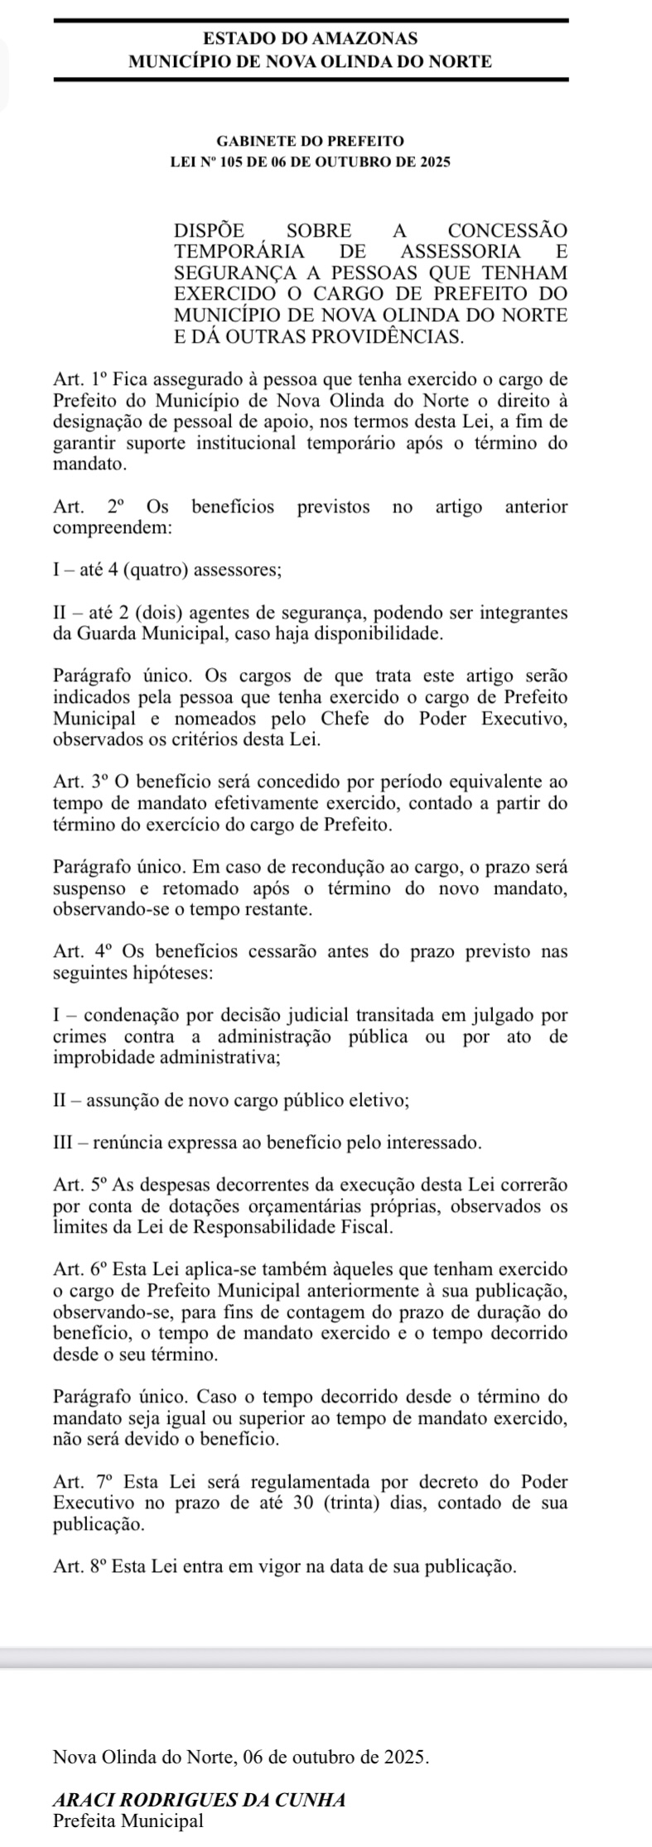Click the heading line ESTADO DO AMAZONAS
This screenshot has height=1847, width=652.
(311, 38)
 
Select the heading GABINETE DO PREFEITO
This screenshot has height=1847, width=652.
(310, 142)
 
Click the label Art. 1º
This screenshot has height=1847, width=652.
(80, 380)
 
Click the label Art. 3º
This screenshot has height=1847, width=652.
(80, 782)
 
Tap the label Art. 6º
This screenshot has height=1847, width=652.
(80, 1268)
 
